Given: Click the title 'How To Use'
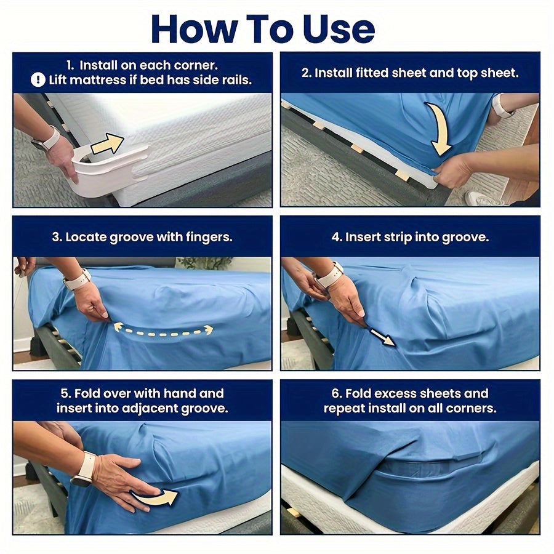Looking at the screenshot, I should [x=263, y=28].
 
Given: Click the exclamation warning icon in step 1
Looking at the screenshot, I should [x=38, y=80].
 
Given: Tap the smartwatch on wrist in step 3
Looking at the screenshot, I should [x=78, y=279].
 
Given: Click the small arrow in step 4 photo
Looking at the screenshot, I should [x=382, y=337].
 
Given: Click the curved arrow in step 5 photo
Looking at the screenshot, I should [x=155, y=496].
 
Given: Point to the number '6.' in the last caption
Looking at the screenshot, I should [x=335, y=393].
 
